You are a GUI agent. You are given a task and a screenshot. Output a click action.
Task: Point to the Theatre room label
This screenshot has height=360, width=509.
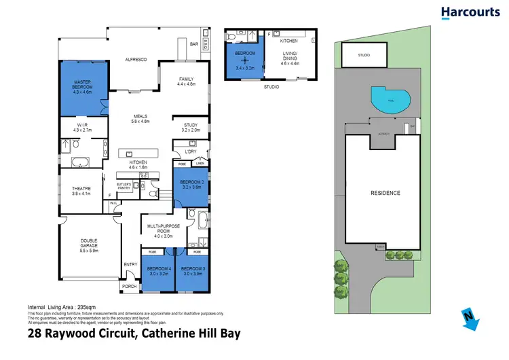click(81, 190)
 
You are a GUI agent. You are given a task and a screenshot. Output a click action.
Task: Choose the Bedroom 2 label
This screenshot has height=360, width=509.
click(191, 185)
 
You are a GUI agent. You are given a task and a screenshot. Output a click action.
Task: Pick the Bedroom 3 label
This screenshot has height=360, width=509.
click(191, 271)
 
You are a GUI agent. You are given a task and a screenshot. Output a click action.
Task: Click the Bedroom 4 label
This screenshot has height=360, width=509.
click(157, 271)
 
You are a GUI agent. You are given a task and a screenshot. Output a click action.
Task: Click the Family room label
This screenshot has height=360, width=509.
click(186, 82)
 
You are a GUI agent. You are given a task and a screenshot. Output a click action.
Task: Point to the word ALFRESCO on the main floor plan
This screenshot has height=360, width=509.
click(136, 60)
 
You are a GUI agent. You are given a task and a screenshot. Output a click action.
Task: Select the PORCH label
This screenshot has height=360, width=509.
click(129, 287)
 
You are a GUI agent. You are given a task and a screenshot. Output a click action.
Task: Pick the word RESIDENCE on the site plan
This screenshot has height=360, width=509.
click(385, 193)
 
